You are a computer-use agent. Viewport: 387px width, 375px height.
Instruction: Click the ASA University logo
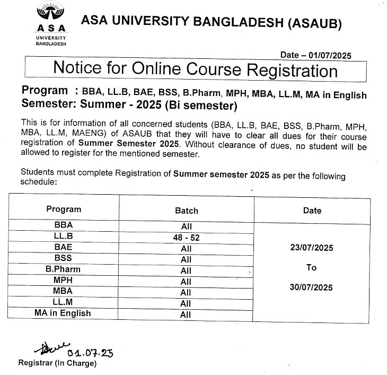pyautogui.click(x=51, y=24)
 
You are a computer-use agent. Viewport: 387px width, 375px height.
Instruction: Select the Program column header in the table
pyautogui.click(x=64, y=209)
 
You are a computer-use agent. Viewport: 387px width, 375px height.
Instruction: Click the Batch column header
pyautogui.click(x=186, y=211)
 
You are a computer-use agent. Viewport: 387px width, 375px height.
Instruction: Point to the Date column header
pyautogui.click(x=312, y=211)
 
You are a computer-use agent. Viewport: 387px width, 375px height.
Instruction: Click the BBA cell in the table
pyautogui.click(x=63, y=225)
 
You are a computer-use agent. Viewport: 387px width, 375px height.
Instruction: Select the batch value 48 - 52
pyautogui.click(x=186, y=238)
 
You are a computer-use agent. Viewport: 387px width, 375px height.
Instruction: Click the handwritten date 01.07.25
pyautogui.click(x=90, y=353)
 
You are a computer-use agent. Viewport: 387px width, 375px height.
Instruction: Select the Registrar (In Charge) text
pyautogui.click(x=57, y=363)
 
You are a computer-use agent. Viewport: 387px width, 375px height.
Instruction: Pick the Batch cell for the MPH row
pyautogui.click(x=186, y=282)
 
